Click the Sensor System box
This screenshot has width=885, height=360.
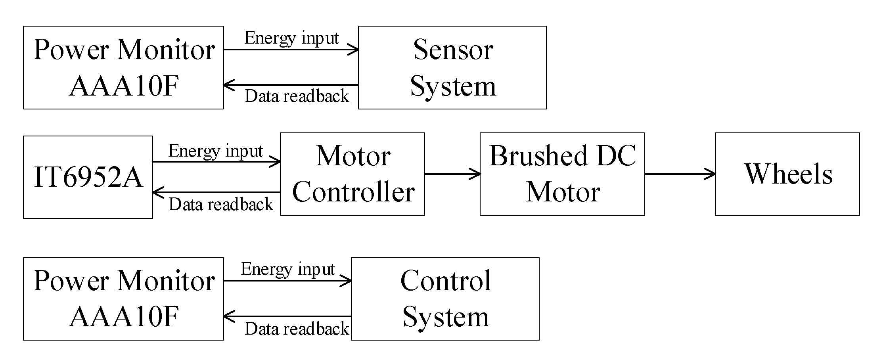pos(452,67)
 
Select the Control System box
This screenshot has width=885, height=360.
pos(445,299)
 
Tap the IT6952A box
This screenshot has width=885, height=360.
pos(88,177)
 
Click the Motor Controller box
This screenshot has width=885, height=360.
pos(352,174)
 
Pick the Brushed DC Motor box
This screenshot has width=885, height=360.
pos(562,174)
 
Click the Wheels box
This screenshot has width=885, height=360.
pos(787,174)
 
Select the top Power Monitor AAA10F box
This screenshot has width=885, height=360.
pos(123,67)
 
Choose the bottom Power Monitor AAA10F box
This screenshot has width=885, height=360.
pos(123,299)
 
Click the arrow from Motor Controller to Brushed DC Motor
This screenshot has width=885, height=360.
pos(452,174)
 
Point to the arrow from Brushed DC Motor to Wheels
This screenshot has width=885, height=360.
pos(680,174)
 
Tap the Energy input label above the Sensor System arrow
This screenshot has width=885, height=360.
pos(291,38)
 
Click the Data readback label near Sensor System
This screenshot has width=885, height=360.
pos(297,96)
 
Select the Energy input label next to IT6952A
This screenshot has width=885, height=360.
pos(215,151)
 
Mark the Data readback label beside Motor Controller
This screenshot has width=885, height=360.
pos(221,205)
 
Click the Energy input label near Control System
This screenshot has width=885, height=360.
pos(288,270)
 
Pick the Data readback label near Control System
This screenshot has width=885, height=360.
pos(297,329)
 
